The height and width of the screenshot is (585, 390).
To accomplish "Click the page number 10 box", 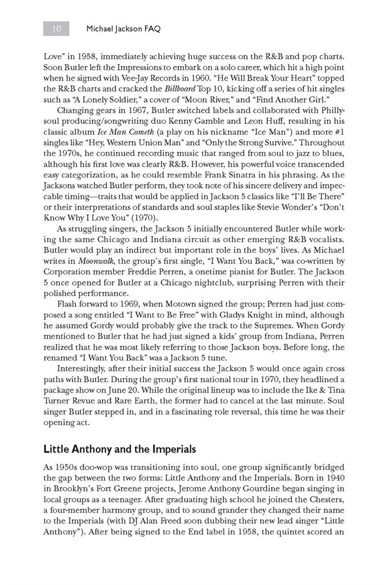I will coord(56,27).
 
